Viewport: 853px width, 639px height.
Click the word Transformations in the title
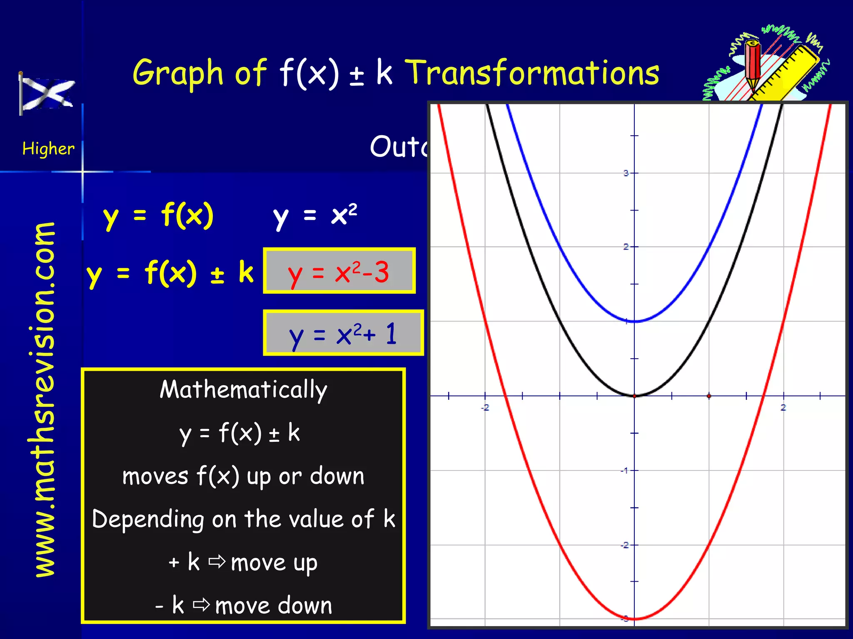pos(532,73)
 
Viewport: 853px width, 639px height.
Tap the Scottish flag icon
pos(47,94)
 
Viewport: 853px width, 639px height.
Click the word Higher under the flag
pos(48,149)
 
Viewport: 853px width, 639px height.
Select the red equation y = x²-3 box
pos(339,271)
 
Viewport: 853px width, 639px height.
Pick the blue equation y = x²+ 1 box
pos(343,333)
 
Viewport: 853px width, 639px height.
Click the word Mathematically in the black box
pos(243,390)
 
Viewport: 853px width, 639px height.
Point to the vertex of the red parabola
pos(634,619)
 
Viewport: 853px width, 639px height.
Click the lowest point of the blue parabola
pos(634,321)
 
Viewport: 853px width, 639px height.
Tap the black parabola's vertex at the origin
pos(634,396)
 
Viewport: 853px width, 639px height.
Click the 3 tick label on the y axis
pos(626,173)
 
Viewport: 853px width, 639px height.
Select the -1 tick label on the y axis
pos(624,471)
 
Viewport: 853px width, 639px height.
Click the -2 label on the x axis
pos(485,407)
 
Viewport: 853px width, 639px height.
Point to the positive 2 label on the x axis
pos(783,407)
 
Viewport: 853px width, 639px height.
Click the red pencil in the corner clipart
pos(753,64)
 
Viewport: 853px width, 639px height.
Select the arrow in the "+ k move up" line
pos(217,562)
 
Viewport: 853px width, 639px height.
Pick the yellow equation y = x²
pos(315,215)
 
